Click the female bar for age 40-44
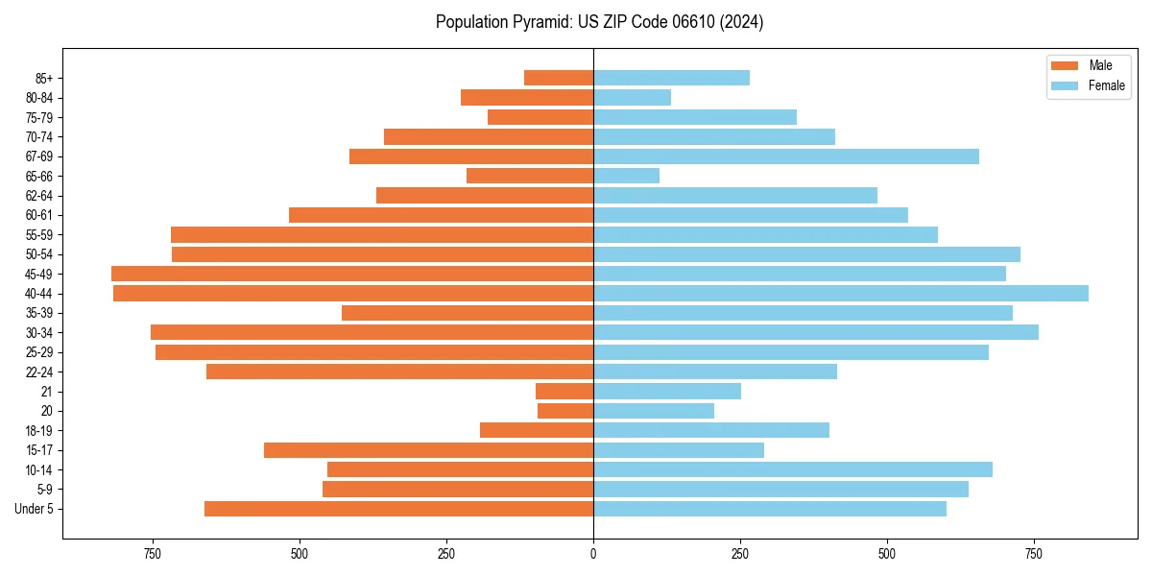(x=840, y=294)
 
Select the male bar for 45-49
(x=352, y=274)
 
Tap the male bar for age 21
(x=564, y=392)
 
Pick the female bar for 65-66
(x=626, y=176)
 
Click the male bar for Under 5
(x=398, y=509)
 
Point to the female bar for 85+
(x=671, y=78)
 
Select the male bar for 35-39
(x=468, y=313)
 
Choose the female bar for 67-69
(x=785, y=156)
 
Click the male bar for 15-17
(x=428, y=450)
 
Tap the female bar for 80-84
(x=632, y=98)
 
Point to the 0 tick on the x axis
(x=593, y=554)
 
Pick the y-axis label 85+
(x=44, y=78)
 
